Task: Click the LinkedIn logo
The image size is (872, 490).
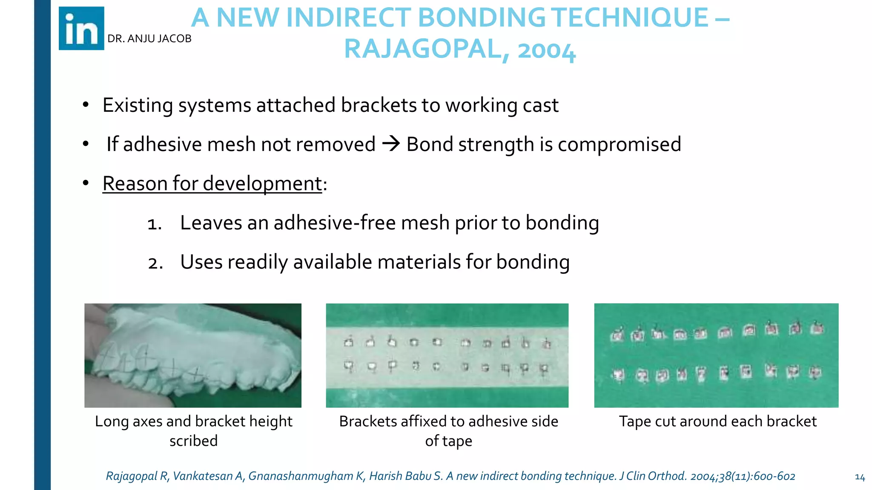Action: click(x=81, y=28)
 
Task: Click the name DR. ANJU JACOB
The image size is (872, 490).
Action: click(x=149, y=39)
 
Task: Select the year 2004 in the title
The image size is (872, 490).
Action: click(x=546, y=50)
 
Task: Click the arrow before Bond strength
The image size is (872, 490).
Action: click(x=391, y=144)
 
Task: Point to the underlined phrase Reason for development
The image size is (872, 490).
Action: click(x=212, y=184)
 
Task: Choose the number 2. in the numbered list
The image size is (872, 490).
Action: click(x=155, y=263)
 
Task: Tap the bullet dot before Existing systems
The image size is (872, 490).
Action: click(x=86, y=105)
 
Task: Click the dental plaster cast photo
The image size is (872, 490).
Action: click(x=193, y=355)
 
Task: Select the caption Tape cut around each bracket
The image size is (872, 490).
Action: click(x=718, y=421)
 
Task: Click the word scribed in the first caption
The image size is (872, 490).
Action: click(x=193, y=441)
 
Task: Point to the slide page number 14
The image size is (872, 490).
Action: click(x=860, y=477)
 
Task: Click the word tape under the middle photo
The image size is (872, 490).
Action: click(x=457, y=441)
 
